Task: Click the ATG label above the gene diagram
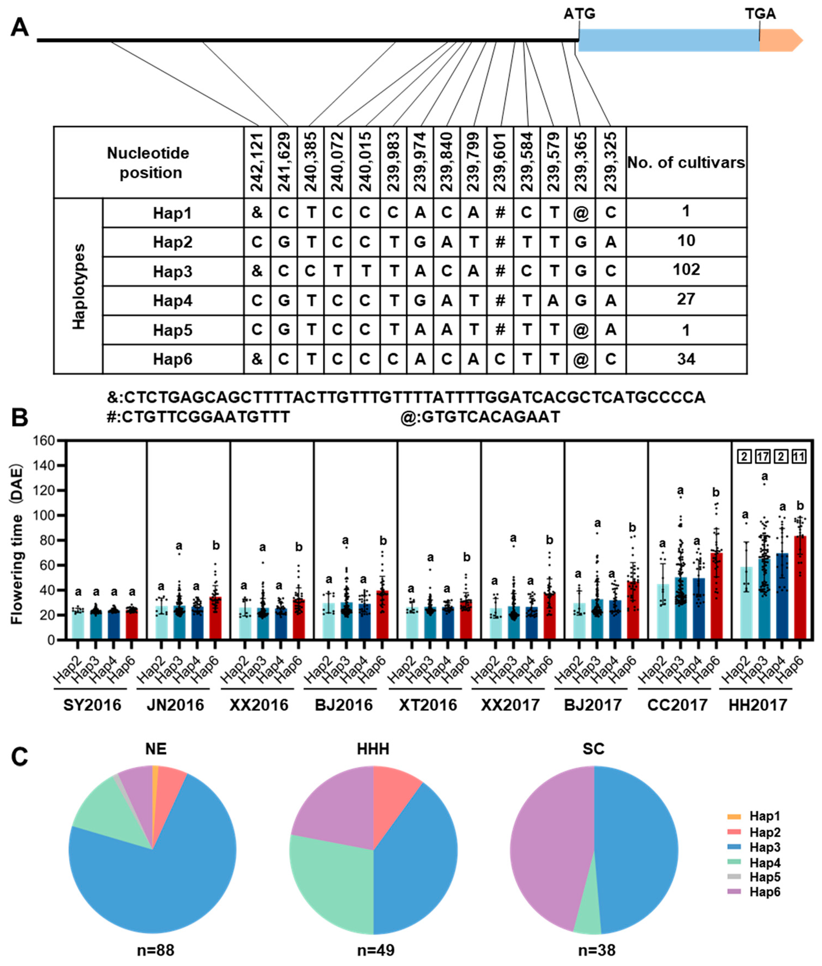click(579, 14)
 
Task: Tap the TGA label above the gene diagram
click(760, 14)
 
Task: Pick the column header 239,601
click(500, 162)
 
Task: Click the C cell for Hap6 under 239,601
click(500, 359)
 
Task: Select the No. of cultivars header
click(686, 163)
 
